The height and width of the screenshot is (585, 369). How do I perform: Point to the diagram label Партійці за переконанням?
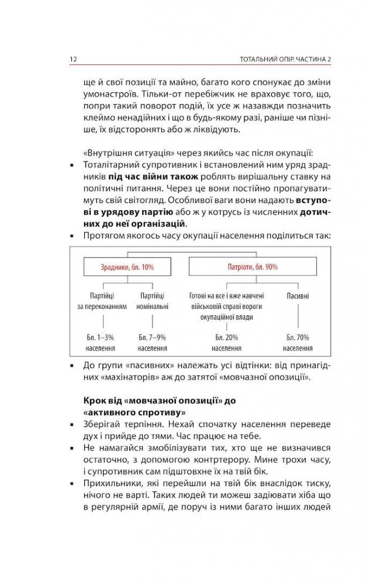coord(102,301)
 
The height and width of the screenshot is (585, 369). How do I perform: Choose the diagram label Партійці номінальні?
coord(153,301)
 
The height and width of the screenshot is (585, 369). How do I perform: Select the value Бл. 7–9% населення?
coord(153,342)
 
